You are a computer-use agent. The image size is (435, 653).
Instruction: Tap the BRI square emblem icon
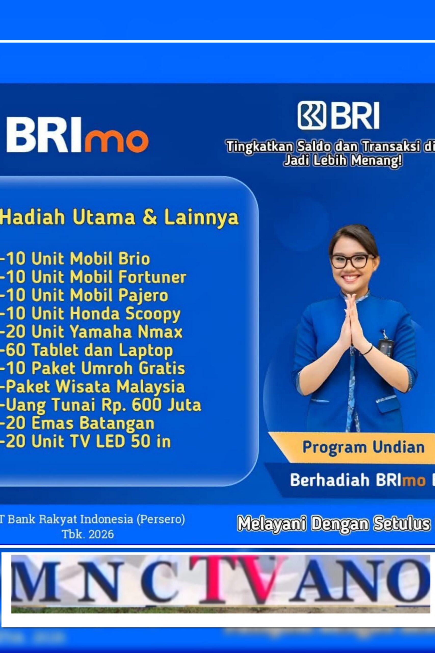[x=312, y=115]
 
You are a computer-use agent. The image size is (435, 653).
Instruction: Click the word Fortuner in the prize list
[x=152, y=277]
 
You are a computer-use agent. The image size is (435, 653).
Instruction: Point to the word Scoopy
[x=153, y=314]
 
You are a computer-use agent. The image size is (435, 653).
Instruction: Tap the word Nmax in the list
[x=160, y=332]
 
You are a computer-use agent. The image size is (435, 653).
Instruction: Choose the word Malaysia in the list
[x=151, y=387]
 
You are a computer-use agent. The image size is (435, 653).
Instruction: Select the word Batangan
[x=117, y=423]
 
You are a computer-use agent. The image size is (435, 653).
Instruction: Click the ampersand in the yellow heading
[x=150, y=217]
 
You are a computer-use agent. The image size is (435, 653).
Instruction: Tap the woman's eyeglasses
[x=350, y=261]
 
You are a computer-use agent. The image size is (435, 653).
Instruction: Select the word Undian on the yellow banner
[x=398, y=447]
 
